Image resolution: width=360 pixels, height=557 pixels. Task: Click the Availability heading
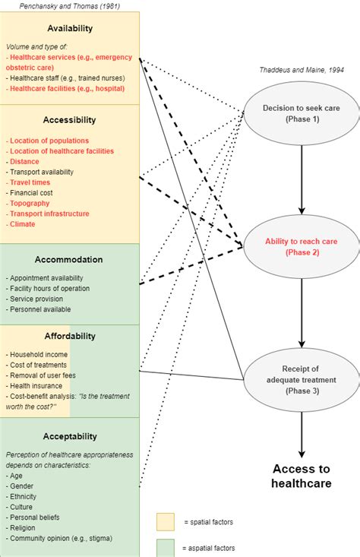tap(70, 28)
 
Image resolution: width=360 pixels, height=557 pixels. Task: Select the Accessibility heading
tap(70, 119)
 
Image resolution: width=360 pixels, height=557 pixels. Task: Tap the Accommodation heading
tap(70, 259)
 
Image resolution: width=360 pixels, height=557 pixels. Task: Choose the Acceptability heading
tap(70, 436)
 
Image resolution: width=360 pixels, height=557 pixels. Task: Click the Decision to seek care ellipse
tap(302, 113)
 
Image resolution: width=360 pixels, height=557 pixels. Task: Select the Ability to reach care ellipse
tap(302, 246)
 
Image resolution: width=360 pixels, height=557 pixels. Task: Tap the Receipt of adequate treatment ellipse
tap(302, 380)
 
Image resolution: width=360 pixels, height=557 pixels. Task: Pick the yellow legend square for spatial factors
tap(166, 521)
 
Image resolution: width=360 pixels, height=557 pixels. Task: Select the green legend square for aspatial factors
tap(166, 547)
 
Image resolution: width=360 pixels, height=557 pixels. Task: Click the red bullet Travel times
tap(30, 182)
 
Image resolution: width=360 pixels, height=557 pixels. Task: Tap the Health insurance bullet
tap(35, 386)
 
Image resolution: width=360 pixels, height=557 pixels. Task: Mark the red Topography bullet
tap(30, 204)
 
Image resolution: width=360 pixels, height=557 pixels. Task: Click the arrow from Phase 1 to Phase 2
tap(302, 179)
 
